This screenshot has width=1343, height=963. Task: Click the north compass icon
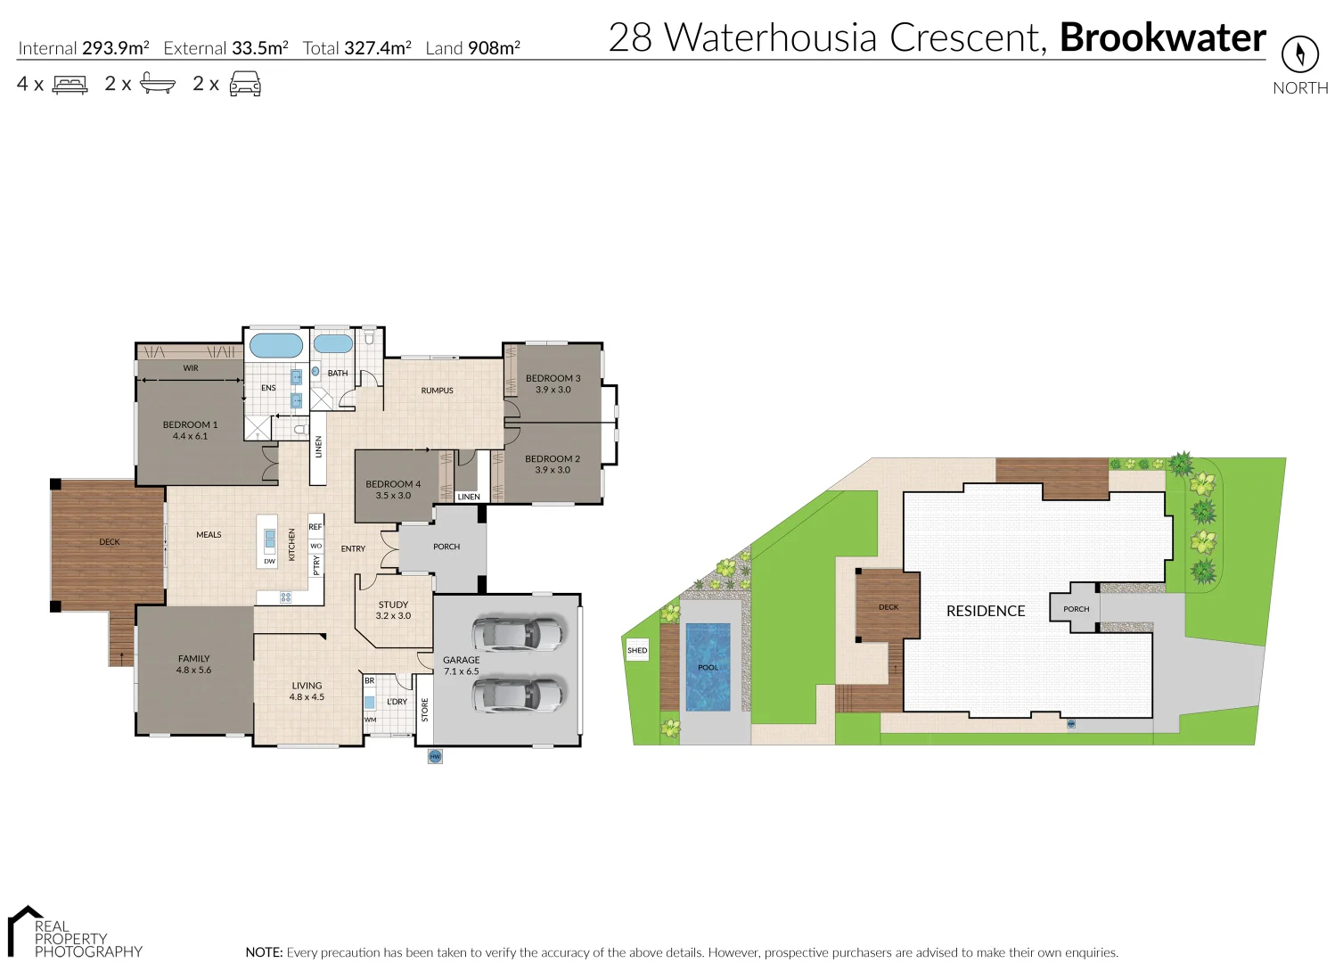point(1299,54)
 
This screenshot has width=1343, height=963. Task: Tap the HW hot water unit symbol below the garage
point(435,756)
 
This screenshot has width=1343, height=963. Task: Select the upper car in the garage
point(517,633)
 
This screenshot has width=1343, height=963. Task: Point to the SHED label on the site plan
point(637,650)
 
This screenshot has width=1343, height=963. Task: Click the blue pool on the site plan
point(708,667)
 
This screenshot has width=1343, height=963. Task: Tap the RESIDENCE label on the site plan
point(986,611)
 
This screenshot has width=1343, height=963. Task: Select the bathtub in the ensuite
point(276,344)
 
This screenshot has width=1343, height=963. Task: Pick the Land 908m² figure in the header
point(472,48)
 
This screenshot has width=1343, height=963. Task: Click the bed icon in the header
point(70,85)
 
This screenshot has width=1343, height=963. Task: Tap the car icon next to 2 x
point(245,85)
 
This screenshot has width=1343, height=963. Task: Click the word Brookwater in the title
point(1162,38)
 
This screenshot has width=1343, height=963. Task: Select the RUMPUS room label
point(437,391)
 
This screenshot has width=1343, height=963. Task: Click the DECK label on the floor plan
point(110,542)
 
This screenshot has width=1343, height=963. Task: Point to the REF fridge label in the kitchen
point(315,527)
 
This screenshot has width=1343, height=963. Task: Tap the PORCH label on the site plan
point(1076,609)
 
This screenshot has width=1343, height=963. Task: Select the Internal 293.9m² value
point(115,48)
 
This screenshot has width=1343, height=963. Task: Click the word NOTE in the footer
point(264,952)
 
